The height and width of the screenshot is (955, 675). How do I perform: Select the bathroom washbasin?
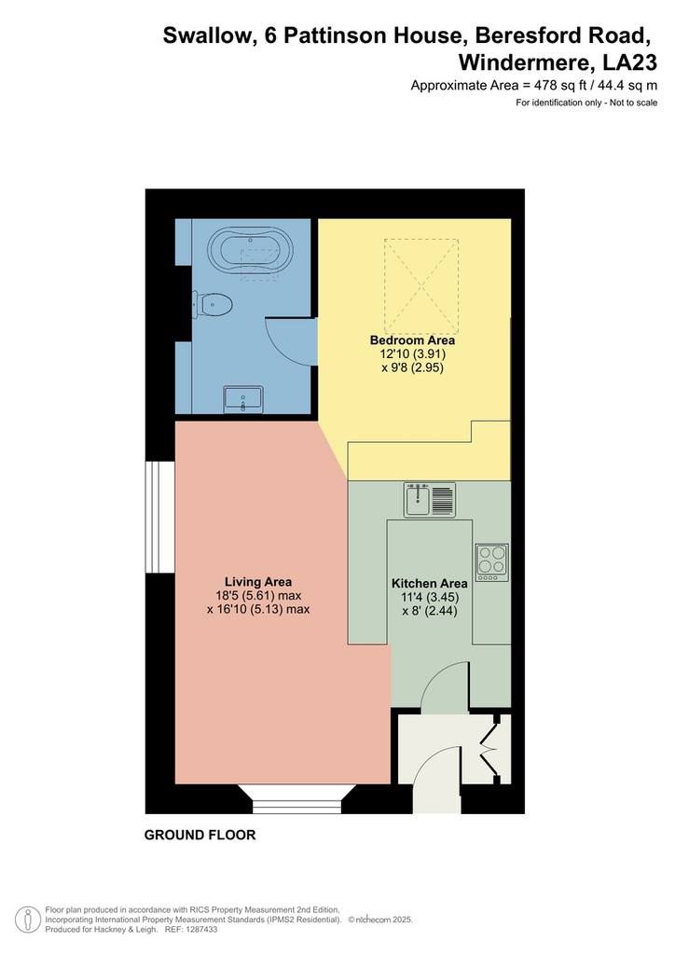(242, 399)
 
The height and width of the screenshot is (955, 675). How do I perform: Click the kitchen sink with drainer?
(430, 500)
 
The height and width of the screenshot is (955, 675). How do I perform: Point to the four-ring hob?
(491, 562)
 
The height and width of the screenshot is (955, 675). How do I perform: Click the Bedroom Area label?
(412, 340)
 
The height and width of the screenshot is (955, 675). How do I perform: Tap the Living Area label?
(258, 582)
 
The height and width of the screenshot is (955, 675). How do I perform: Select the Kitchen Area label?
(429, 583)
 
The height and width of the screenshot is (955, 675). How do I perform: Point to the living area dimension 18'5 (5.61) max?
(258, 596)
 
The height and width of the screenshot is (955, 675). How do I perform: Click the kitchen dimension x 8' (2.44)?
(430, 610)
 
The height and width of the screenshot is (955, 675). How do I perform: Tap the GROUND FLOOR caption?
(200, 835)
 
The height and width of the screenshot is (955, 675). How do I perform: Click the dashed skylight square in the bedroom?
(421, 285)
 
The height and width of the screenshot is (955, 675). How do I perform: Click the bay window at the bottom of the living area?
(297, 798)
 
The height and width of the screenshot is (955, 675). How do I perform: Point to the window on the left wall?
(160, 517)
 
